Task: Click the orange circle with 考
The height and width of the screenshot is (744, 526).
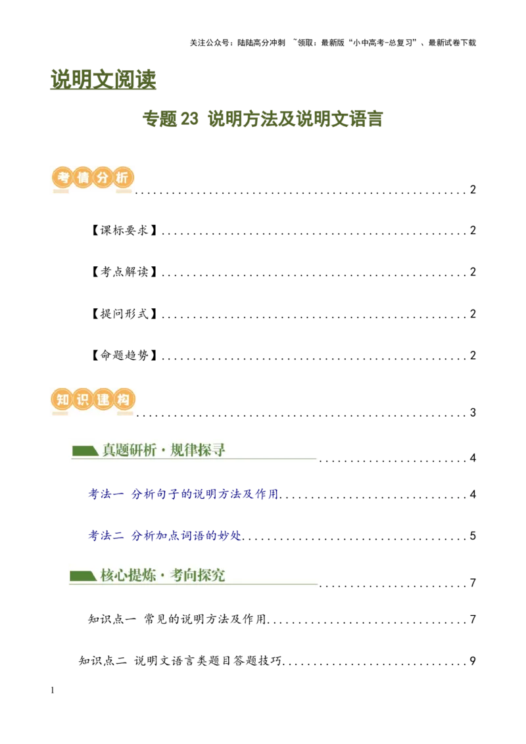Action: tap(62, 178)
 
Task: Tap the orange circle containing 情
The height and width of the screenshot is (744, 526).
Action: tap(82, 178)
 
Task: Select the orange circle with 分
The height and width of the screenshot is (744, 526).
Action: tap(103, 178)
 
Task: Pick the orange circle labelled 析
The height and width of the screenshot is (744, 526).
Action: tap(123, 178)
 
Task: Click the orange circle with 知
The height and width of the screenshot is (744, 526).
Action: tap(62, 400)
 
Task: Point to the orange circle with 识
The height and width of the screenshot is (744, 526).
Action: tap(82, 400)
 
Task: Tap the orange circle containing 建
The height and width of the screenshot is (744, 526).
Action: tap(103, 400)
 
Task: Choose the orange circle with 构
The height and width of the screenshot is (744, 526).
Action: tap(123, 400)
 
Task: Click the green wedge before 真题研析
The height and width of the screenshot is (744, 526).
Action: tap(84, 450)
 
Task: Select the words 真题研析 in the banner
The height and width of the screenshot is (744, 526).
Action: tap(130, 450)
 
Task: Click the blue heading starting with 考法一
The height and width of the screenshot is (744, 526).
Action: tap(183, 494)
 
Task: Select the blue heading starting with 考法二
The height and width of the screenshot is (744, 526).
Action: tap(164, 536)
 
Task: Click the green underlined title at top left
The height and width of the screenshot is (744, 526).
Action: tap(103, 80)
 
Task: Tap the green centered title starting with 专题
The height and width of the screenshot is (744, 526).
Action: tap(263, 119)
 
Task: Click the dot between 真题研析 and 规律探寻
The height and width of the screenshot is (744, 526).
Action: tap(164, 451)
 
